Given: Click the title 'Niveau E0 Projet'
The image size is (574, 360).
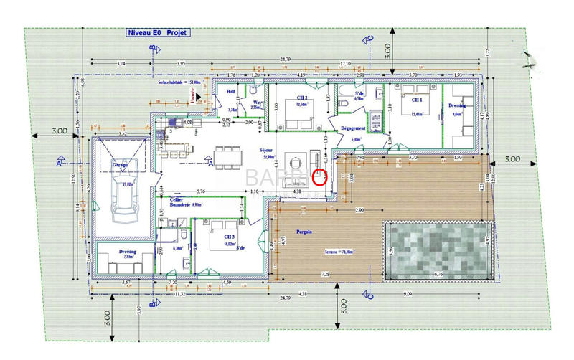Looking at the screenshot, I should pos(154,32).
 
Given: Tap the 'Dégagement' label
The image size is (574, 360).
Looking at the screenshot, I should pos(354,128).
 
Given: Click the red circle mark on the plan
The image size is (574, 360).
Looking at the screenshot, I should pos(320,176).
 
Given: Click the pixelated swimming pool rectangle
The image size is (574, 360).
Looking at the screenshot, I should pos(436,250).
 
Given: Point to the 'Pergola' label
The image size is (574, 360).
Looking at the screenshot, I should pos(305,232).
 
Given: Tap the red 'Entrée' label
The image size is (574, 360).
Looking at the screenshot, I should pos(192,97).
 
